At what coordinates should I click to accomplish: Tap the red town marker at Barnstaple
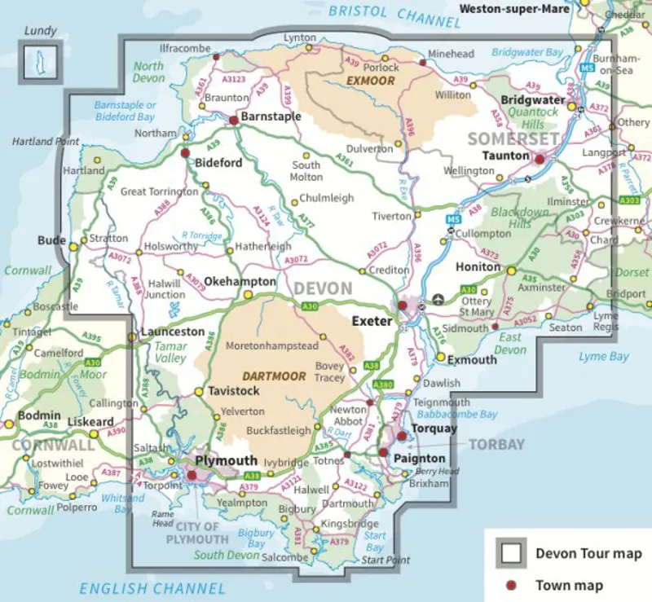coord(233,120)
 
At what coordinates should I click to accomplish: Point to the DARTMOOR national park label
coord(274,376)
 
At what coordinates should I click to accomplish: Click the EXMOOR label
coord(370,81)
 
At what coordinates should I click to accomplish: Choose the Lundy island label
coord(41,31)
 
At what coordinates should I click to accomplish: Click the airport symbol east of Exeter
coord(440,299)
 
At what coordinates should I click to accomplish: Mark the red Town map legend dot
coord(511,585)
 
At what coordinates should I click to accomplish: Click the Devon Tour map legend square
coord(511,554)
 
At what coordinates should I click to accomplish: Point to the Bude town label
coord(51,241)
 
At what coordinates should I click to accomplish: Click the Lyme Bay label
coord(603,357)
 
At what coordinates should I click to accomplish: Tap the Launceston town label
coord(172,332)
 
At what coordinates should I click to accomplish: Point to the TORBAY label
coord(496,444)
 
